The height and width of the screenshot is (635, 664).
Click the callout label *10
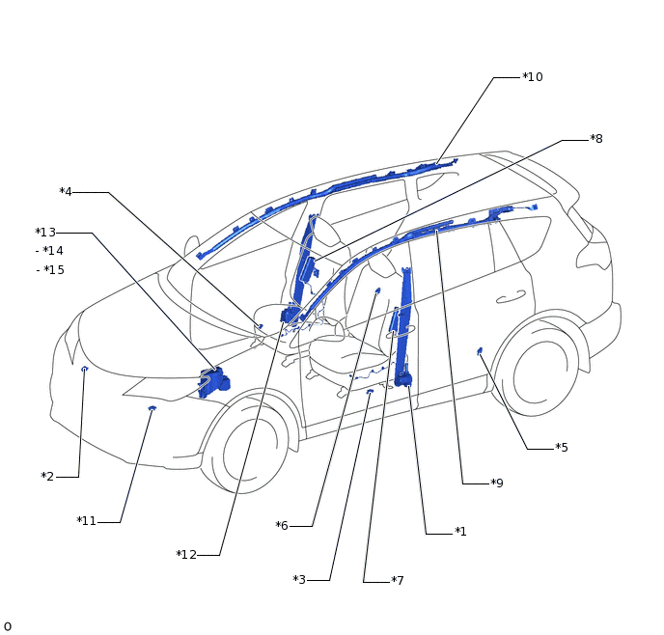click(532, 77)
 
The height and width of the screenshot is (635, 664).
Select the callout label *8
click(596, 139)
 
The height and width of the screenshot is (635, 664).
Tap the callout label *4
click(66, 192)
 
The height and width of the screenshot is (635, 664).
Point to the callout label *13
click(45, 233)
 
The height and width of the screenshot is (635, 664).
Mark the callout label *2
click(47, 477)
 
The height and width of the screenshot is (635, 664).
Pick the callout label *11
click(87, 522)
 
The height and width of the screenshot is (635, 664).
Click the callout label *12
click(186, 555)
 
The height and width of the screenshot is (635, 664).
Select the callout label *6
click(282, 526)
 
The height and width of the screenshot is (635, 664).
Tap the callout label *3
click(299, 580)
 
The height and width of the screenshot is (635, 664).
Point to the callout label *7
click(398, 581)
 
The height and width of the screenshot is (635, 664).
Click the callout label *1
click(460, 532)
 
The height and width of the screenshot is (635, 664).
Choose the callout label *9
click(497, 483)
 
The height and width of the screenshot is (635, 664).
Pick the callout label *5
click(562, 448)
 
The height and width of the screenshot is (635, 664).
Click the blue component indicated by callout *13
click(212, 381)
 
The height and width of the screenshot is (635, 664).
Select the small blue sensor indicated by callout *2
click(85, 369)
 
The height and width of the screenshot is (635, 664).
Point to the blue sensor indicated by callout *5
click(480, 351)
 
